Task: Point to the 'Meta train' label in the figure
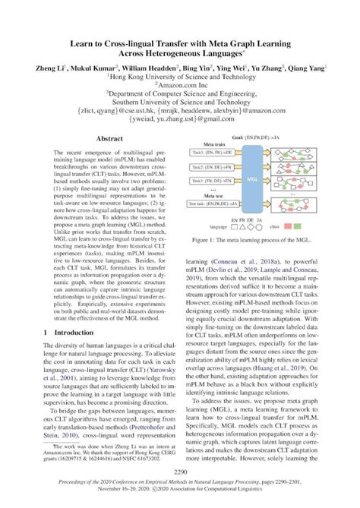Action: point(210,142)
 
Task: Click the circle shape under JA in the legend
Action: point(258,226)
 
